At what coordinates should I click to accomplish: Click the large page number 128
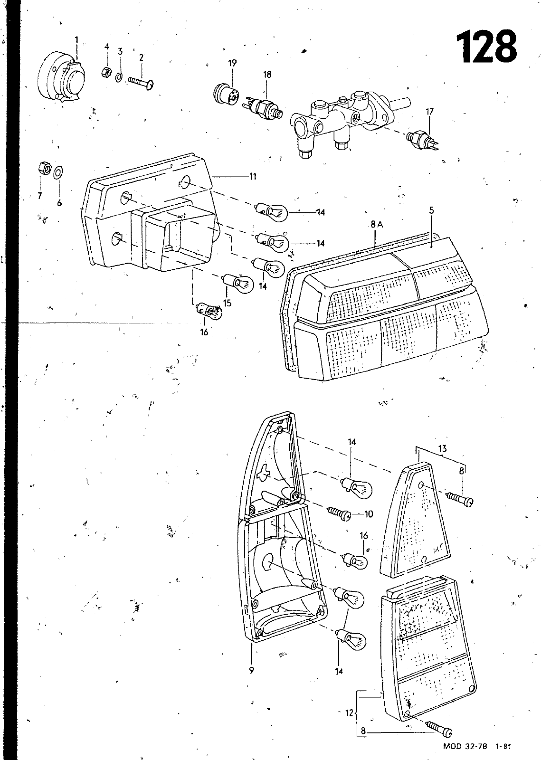coord(486,47)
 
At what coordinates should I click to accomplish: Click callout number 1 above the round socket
coord(76,40)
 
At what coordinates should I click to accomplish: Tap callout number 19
coord(232,63)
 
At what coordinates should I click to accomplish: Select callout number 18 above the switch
coord(267,74)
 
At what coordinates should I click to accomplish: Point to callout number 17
coord(429,112)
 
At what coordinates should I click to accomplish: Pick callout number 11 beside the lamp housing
coord(253,176)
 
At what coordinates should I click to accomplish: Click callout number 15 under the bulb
coord(227,303)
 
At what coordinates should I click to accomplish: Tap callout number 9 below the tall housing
coord(251,670)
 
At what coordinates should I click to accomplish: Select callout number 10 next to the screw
coord(369,514)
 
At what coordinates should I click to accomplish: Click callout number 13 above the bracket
coord(443,448)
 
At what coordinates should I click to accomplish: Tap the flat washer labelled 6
coord(58,172)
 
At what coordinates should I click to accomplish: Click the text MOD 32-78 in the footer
coord(465,746)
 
